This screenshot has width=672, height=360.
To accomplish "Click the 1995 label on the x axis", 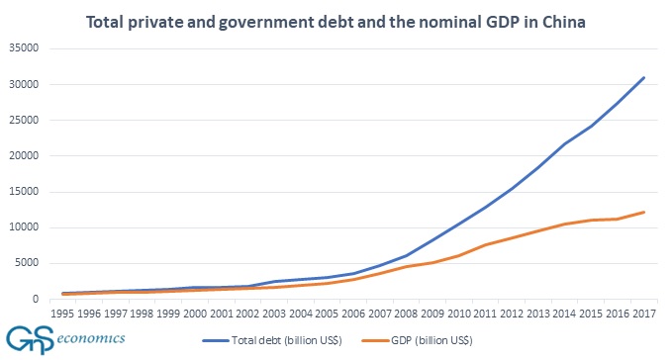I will tap(61, 314).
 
